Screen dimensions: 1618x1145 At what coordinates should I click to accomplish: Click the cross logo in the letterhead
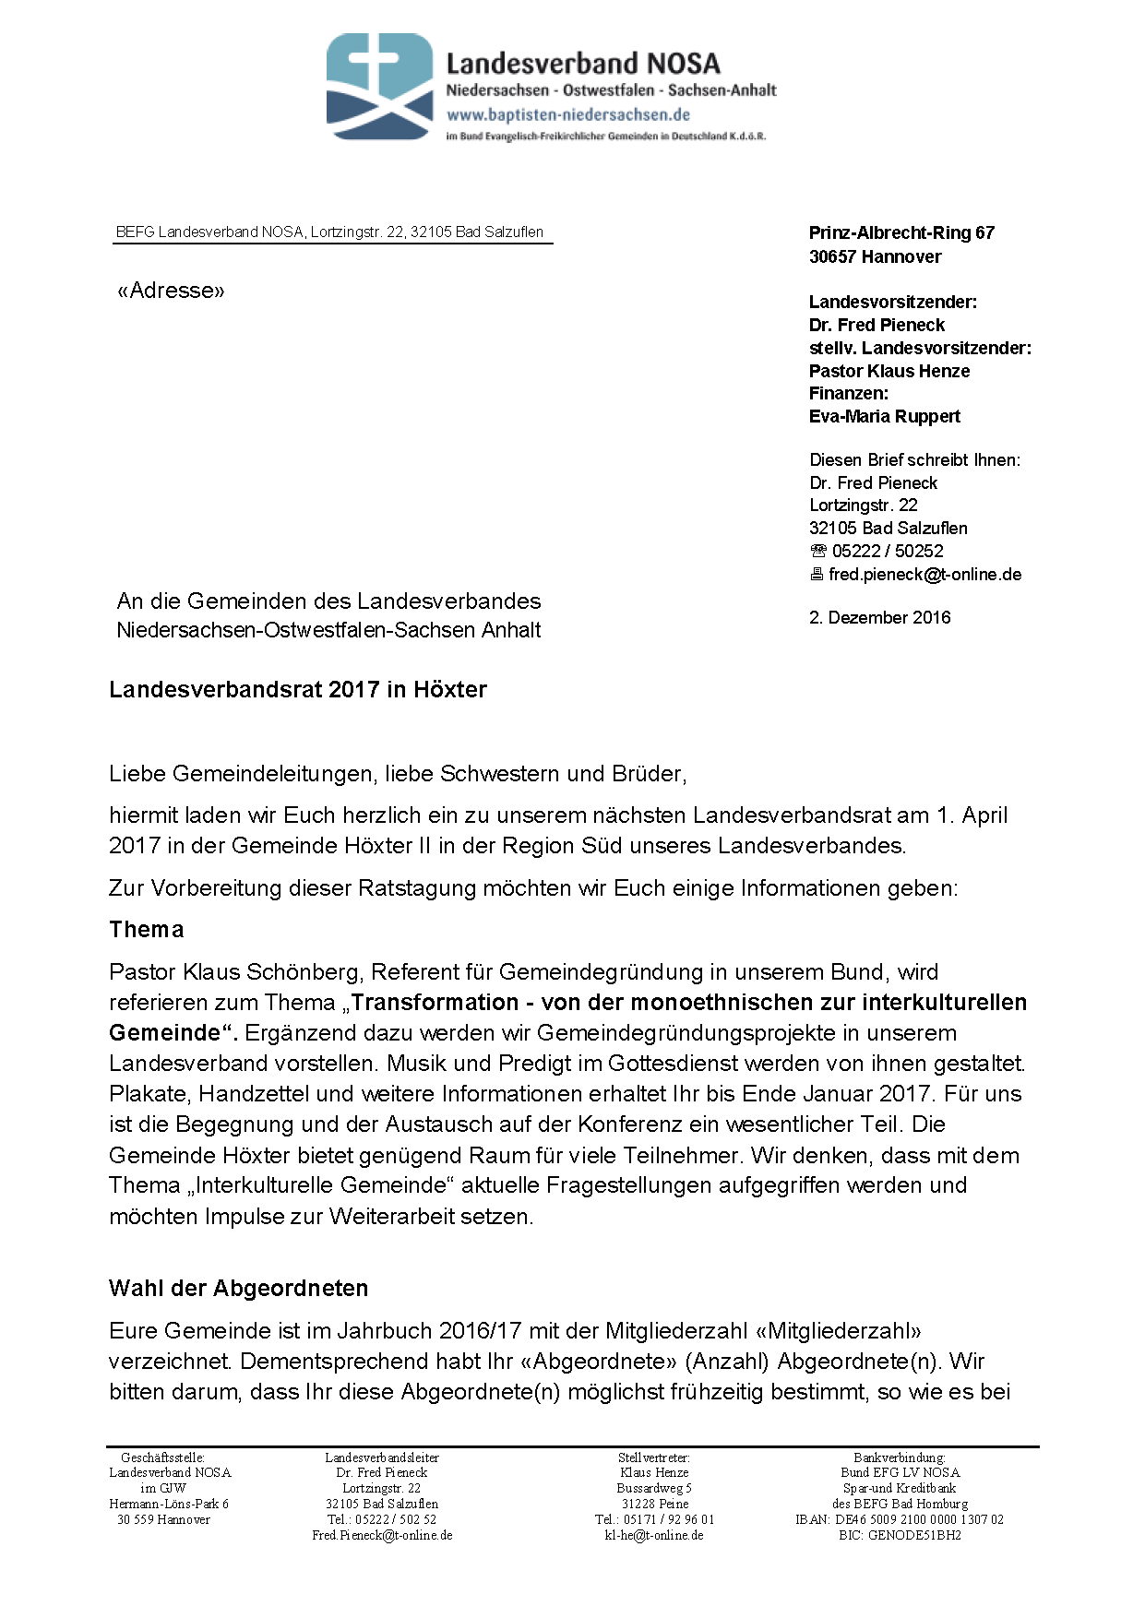tap(379, 86)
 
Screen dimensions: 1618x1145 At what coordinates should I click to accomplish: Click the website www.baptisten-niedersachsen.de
tap(568, 115)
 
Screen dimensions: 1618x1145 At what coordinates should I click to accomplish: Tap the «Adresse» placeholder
tap(171, 291)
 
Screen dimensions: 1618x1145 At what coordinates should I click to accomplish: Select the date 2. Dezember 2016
tap(879, 618)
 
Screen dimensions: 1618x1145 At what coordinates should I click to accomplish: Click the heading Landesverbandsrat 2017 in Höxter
tap(298, 690)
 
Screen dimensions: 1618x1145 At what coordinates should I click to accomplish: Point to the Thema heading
tap(147, 930)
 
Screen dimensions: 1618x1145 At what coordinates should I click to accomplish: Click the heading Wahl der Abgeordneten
tap(239, 1289)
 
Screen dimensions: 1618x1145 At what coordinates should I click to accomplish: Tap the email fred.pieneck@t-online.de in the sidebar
tap(924, 575)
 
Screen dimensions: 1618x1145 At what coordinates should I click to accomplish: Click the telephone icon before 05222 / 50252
tap(818, 552)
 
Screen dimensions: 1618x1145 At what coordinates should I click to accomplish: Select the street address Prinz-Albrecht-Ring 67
tap(901, 233)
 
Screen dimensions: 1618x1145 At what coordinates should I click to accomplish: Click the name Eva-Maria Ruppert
tap(884, 417)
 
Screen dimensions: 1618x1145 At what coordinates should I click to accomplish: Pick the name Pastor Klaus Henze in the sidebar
tap(889, 372)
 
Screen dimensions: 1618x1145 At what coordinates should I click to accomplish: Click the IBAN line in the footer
tap(899, 1519)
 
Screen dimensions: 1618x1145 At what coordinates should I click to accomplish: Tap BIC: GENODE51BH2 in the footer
tap(900, 1535)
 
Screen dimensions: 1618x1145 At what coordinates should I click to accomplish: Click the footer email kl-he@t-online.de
tap(654, 1535)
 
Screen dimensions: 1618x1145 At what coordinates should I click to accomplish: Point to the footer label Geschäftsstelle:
tap(163, 1457)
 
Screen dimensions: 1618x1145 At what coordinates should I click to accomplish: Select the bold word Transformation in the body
tap(435, 1003)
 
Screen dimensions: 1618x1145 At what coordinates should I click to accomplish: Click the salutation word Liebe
tap(137, 774)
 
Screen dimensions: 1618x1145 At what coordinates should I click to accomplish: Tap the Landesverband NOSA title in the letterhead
tap(583, 64)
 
